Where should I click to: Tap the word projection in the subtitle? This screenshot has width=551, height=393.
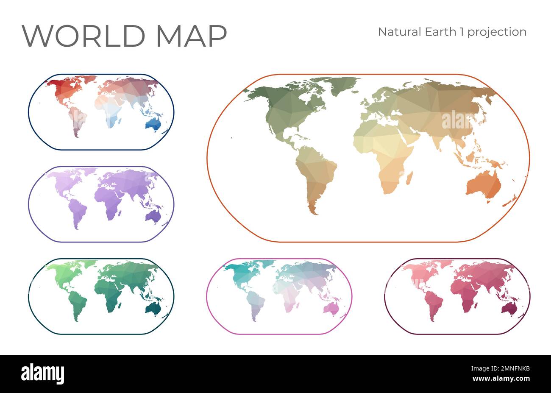(x=501, y=32)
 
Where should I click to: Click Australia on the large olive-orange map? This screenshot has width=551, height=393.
(x=483, y=185)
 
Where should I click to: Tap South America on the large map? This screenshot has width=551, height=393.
(x=316, y=174)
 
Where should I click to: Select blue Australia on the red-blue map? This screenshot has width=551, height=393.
(x=153, y=123)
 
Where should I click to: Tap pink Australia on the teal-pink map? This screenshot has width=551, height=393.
(x=331, y=308)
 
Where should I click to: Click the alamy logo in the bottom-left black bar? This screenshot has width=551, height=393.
(x=42, y=374)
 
